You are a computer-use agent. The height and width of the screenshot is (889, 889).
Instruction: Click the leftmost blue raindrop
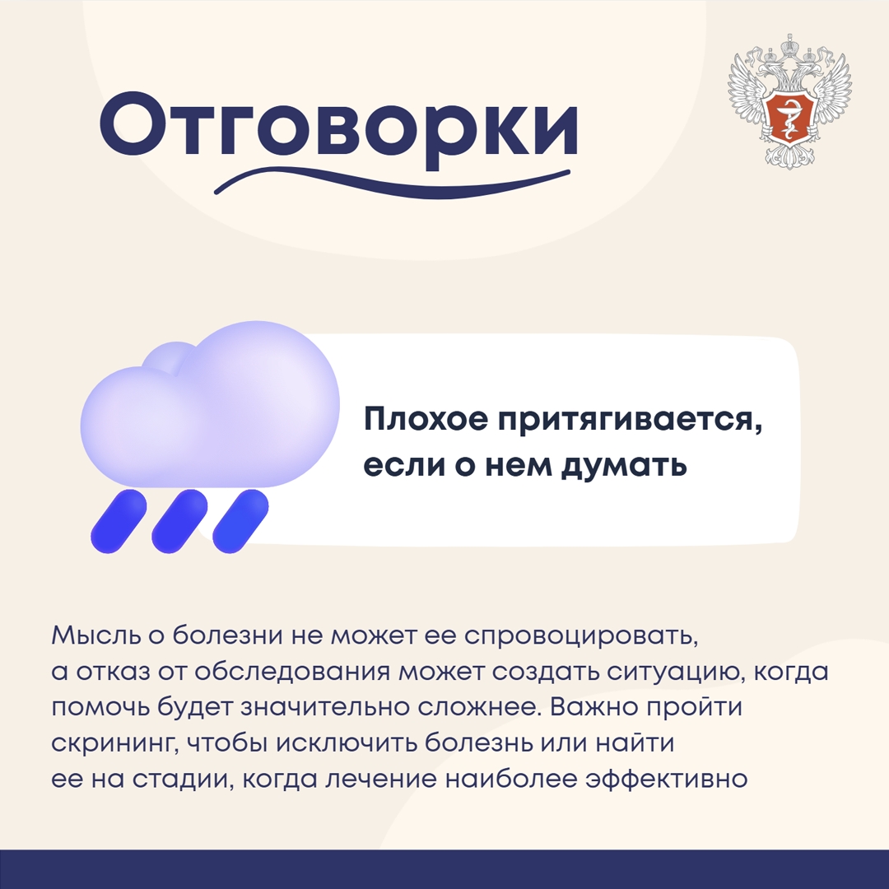click(118, 520)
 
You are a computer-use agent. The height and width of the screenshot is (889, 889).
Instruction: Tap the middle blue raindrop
click(179, 520)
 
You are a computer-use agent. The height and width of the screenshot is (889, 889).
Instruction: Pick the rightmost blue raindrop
click(240, 520)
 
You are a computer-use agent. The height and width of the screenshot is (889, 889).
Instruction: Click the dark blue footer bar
click(444, 869)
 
